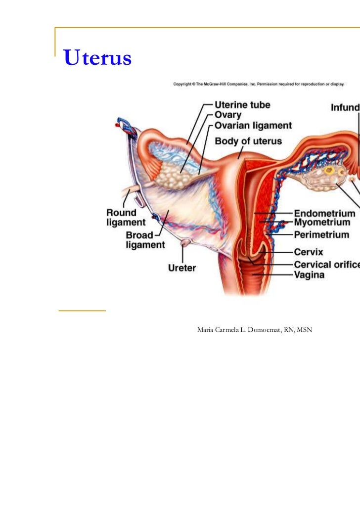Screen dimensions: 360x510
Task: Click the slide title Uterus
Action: pyautogui.click(x=97, y=58)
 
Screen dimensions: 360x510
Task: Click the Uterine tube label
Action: pyautogui.click(x=242, y=105)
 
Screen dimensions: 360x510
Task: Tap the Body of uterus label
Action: pyautogui.click(x=248, y=141)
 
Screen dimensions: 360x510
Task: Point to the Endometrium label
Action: pyautogui.click(x=324, y=214)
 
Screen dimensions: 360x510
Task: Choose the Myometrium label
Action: pyautogui.click(x=324, y=224)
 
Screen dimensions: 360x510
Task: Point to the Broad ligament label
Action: pyautogui.click(x=145, y=240)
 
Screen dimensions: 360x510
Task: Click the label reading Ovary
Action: pyautogui.click(x=228, y=116)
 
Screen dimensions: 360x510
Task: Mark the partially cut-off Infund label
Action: pyautogui.click(x=345, y=106)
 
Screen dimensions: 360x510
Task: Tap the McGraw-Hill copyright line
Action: pyautogui.click(x=259, y=84)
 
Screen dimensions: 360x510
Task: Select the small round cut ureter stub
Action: pyautogui.click(x=186, y=242)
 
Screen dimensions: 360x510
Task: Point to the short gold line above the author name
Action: pyautogui.click(x=82, y=311)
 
